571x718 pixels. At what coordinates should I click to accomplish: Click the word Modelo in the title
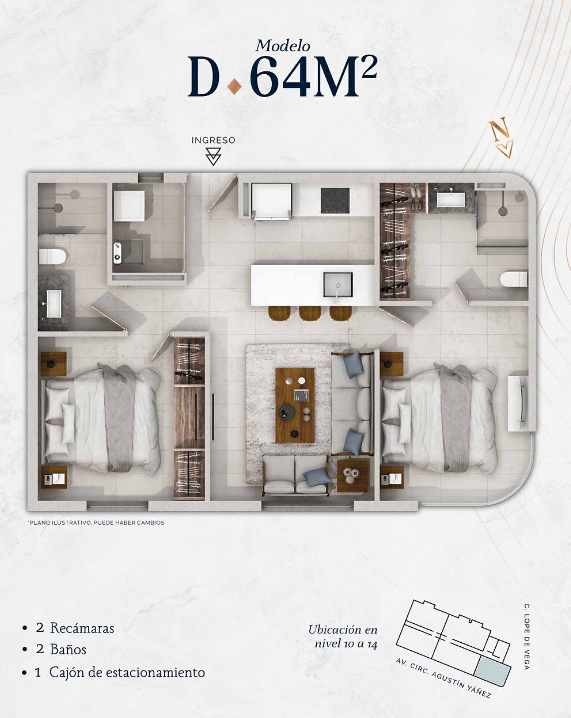[282, 46]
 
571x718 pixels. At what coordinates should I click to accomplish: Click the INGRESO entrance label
[213, 140]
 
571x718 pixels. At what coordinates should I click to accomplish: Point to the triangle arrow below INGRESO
[213, 156]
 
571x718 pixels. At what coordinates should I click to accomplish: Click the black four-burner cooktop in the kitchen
[335, 200]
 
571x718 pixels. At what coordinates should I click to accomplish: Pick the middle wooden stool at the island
[310, 313]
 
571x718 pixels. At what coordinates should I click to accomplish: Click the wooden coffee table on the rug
[295, 405]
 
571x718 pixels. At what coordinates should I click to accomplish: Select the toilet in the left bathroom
[53, 256]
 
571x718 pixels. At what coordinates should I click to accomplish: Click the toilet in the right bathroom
[514, 279]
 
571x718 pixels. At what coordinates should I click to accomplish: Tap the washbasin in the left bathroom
[54, 303]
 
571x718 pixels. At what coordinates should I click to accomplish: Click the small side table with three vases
[353, 475]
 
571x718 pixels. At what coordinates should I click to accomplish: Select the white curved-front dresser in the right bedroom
[518, 404]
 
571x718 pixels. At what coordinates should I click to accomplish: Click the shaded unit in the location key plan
[493, 667]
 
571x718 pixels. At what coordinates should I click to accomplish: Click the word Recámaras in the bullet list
[82, 629]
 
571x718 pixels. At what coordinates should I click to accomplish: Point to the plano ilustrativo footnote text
[97, 523]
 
